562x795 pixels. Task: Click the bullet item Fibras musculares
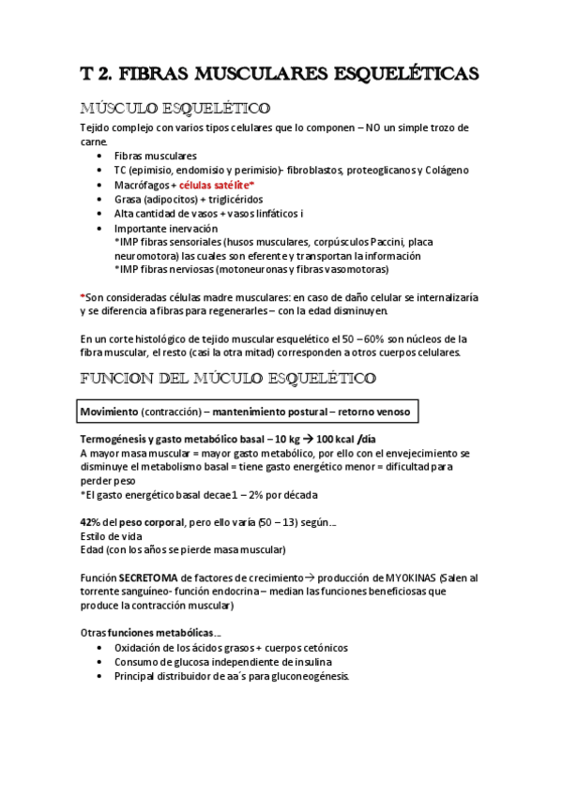tap(156, 156)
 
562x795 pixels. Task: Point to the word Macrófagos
tap(139, 185)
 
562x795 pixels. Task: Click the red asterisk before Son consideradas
tap(83, 297)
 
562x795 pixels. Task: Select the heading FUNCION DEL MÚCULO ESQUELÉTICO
tap(229, 378)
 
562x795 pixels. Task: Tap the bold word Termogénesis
tap(117, 439)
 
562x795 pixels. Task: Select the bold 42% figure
tap(91, 521)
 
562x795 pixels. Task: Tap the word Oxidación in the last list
tap(141, 647)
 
